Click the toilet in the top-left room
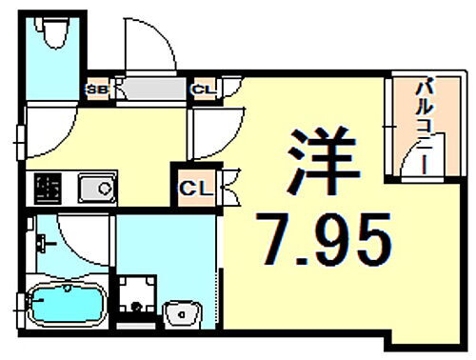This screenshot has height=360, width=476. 55,36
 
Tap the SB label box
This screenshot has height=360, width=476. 97,90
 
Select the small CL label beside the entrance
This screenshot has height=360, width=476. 202,90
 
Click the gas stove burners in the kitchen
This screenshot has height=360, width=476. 46,189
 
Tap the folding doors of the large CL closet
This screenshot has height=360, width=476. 230,186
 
